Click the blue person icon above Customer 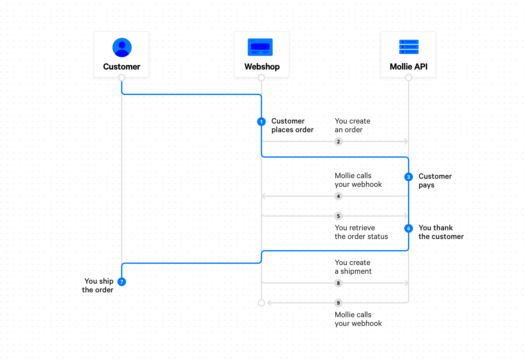(x=122, y=47)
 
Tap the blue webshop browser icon (x=260, y=47)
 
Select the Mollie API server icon (x=409, y=47)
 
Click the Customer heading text (x=121, y=67)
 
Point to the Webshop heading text (x=262, y=67)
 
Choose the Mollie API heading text (x=409, y=67)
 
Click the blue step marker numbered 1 (x=261, y=122)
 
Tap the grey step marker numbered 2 (x=338, y=142)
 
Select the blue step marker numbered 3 (x=409, y=177)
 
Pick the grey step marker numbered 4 (x=338, y=196)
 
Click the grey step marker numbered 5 (x=338, y=216)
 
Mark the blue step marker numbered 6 (x=409, y=228)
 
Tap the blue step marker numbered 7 (x=122, y=281)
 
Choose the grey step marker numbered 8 (x=338, y=283)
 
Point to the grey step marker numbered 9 (x=338, y=303)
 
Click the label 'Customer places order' (x=292, y=125)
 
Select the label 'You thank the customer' (x=441, y=232)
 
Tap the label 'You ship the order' (x=98, y=286)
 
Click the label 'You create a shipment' (x=353, y=267)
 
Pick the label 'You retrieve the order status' (x=361, y=232)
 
